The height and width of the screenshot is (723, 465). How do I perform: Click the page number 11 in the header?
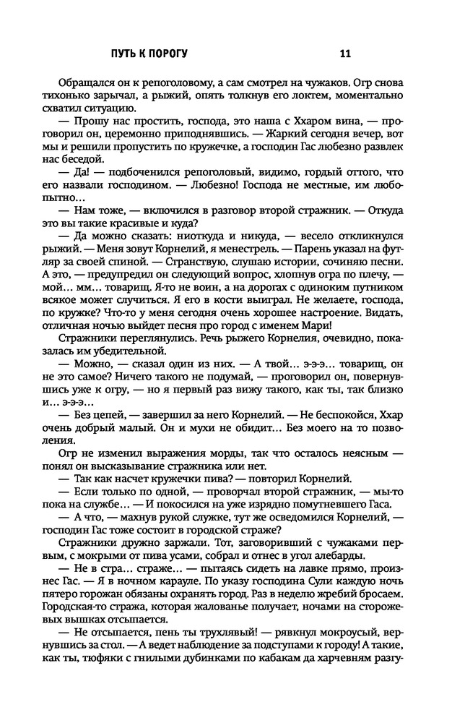pyautogui.click(x=345, y=53)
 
